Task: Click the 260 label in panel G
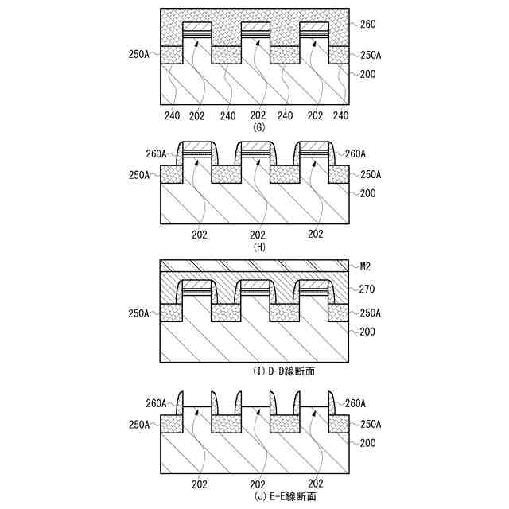coord(367,25)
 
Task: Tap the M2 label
coord(366,267)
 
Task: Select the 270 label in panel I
coord(367,290)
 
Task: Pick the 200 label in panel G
coord(367,74)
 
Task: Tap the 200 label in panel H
coord(367,194)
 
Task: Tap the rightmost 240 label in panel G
coord(341,116)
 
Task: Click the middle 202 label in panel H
coord(258,235)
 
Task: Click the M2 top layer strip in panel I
coord(254,266)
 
